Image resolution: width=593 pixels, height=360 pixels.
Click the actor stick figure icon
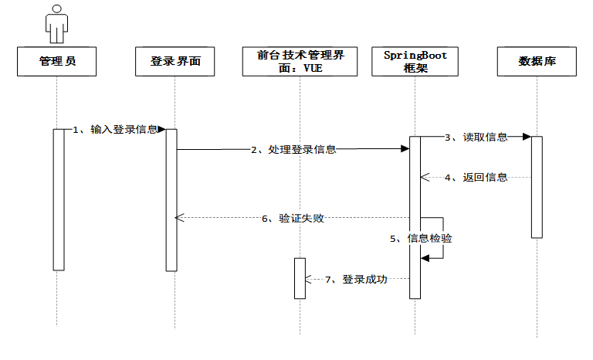(57, 23)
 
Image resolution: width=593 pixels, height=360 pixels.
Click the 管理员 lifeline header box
(57, 61)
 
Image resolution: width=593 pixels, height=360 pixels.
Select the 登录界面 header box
(175, 61)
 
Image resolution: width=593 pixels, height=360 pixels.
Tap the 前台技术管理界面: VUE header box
(300, 61)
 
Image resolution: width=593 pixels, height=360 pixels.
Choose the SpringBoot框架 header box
(415, 61)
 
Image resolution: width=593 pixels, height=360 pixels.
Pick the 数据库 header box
(537, 61)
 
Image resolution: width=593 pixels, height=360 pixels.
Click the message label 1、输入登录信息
(115, 130)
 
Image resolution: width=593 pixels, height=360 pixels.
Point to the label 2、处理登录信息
(293, 150)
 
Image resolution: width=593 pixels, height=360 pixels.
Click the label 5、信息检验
(419, 239)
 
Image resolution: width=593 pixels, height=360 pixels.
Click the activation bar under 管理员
(58, 199)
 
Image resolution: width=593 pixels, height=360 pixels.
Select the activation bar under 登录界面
(171, 199)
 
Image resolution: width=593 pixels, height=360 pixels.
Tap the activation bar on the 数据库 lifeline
(537, 187)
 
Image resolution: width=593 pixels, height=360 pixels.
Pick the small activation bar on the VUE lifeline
(300, 277)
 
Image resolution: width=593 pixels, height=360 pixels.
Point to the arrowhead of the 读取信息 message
(527, 137)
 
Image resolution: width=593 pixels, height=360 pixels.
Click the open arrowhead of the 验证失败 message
(180, 218)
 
